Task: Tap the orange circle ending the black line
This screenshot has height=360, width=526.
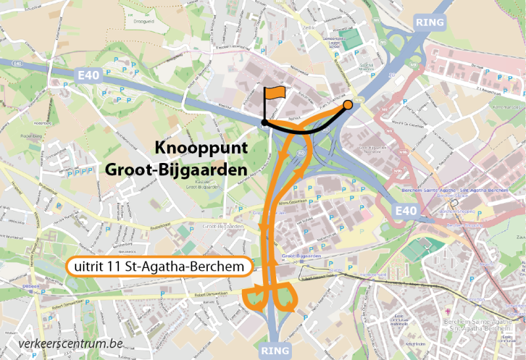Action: (348, 104)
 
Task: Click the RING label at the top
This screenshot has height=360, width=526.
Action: (430, 22)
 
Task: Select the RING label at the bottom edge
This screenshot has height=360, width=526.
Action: (275, 350)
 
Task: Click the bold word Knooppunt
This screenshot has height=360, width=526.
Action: (201, 147)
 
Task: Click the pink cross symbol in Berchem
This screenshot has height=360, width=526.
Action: (448, 310)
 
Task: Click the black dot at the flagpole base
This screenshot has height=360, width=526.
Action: (264, 122)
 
